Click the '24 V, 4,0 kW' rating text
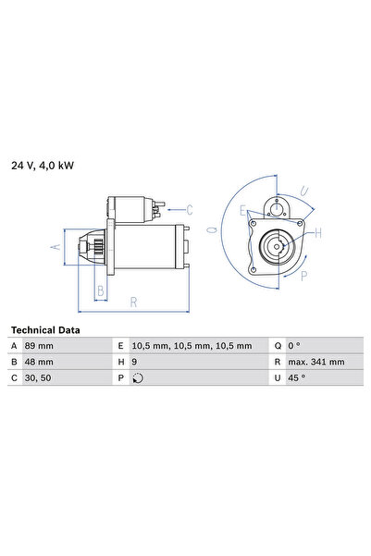(42, 166)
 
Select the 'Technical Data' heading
(44, 329)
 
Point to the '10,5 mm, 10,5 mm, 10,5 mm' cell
(192, 345)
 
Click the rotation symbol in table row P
(139, 377)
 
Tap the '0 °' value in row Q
(295, 345)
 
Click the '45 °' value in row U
(298, 377)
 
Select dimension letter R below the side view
(135, 302)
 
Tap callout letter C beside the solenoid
(189, 208)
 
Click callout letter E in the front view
(242, 211)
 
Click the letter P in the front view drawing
(305, 274)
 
